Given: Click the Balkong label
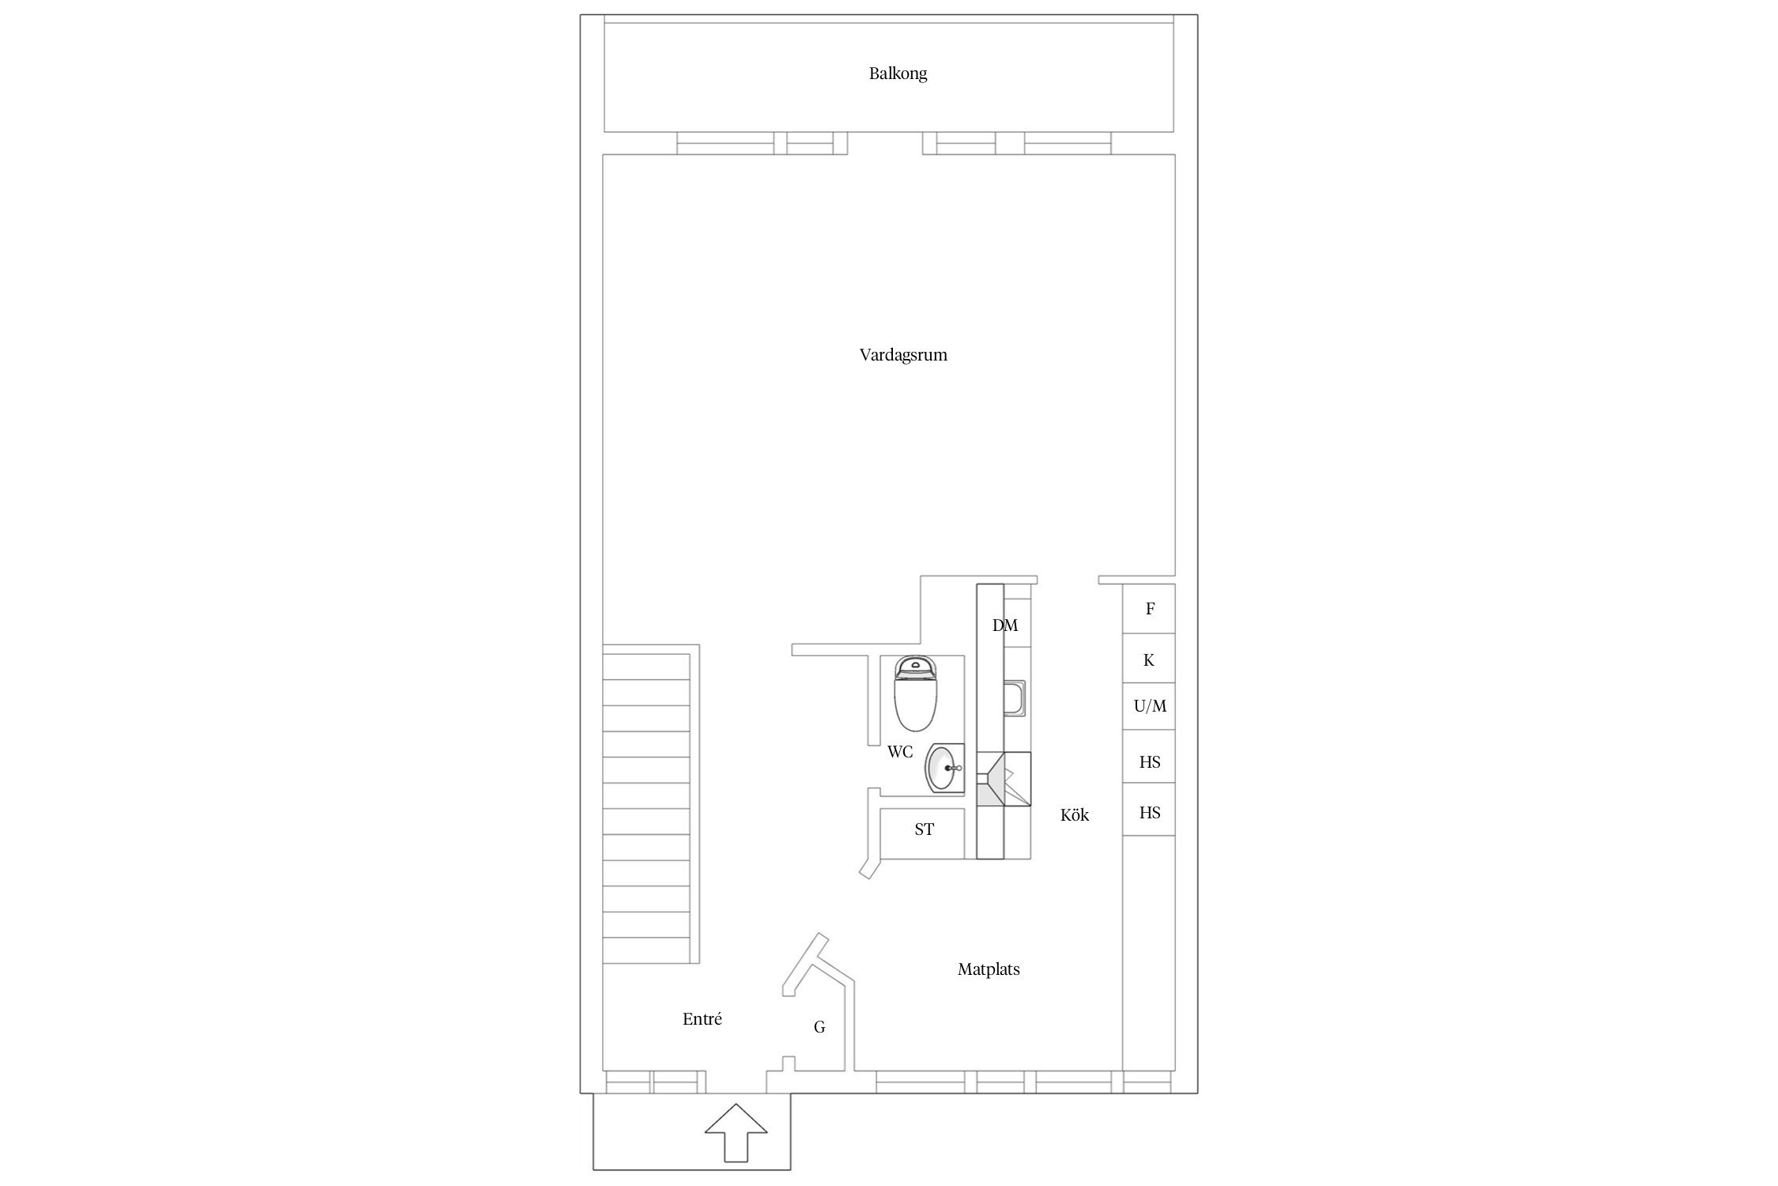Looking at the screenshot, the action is coord(898,74).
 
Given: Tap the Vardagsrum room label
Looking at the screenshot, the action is coord(903,355).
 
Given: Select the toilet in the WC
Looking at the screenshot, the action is coord(916,693).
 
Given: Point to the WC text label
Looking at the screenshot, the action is coord(900,752).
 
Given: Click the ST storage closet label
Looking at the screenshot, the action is coord(924,829).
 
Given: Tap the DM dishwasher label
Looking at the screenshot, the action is coord(1005,625).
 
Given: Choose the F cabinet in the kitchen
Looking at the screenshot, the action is coord(1149,609).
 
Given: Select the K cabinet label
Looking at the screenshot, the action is coord(1149,659).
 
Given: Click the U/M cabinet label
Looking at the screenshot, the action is coord(1150,706).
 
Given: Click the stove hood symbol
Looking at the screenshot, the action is coord(1004,778).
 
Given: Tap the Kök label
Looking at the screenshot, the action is coord(1075,815).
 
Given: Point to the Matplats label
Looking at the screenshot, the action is coord(989,969).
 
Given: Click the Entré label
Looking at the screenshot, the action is coord(702,1020).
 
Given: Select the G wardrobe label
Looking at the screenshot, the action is coord(819,1027).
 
